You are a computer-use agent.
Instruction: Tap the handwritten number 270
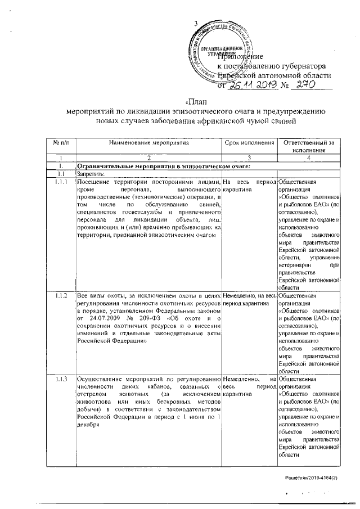[307, 84]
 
